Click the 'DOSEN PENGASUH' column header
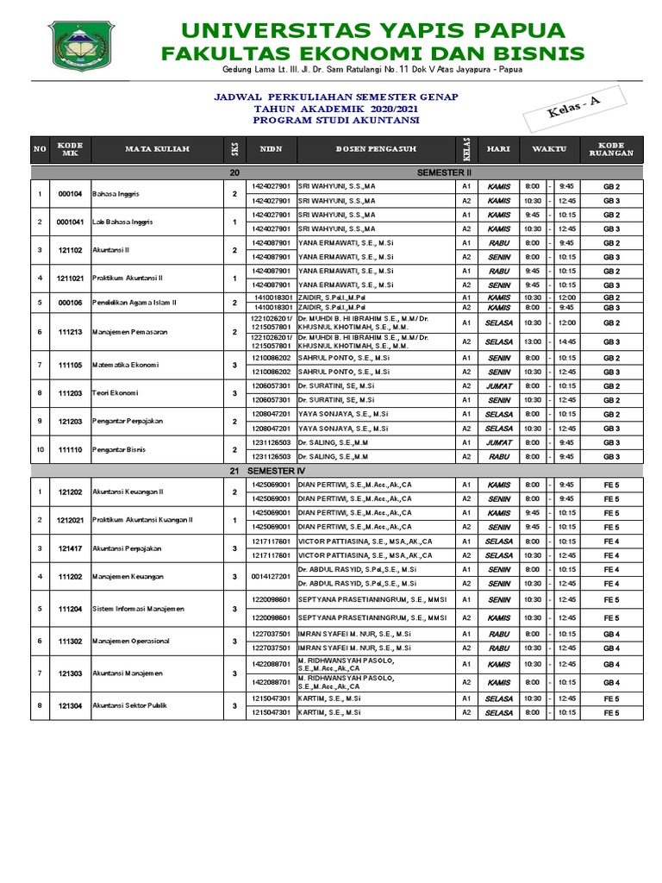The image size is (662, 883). click(x=373, y=149)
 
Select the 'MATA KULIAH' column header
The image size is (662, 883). click(x=158, y=149)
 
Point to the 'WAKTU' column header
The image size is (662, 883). click(x=548, y=149)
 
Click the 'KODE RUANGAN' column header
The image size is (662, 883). click(x=611, y=149)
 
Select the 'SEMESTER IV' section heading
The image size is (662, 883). click(x=276, y=472)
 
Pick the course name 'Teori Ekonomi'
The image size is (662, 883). click(x=115, y=393)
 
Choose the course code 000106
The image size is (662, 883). click(x=70, y=303)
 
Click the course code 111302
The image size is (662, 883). click(x=70, y=641)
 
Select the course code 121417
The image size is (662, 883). click(x=70, y=548)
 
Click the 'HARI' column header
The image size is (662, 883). click(x=498, y=149)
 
